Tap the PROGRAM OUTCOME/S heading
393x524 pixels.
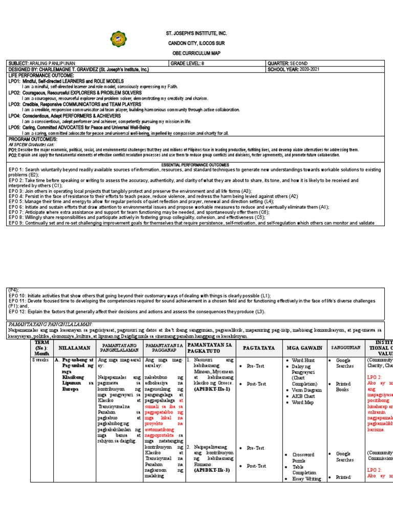31,139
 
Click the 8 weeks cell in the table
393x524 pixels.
41,360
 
